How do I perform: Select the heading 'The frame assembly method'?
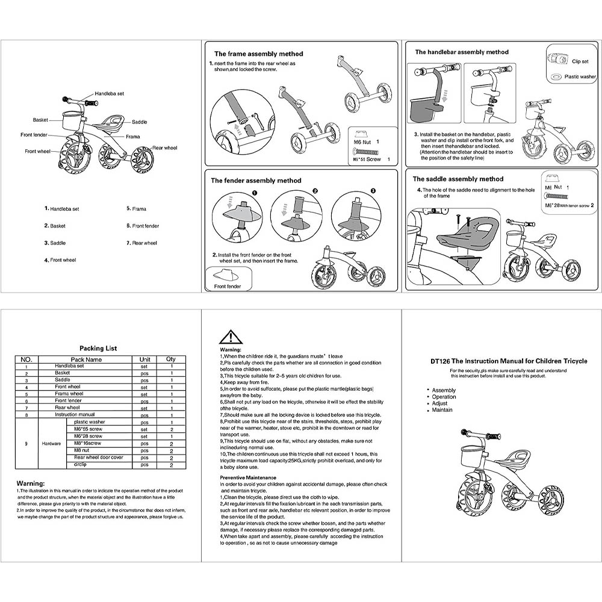[x=258, y=54]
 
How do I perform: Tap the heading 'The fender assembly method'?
[x=255, y=180]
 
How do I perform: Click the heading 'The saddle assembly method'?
[x=458, y=179]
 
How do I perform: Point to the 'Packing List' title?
[x=98, y=348]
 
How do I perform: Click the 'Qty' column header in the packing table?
[x=171, y=359]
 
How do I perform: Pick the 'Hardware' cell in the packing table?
[x=51, y=443]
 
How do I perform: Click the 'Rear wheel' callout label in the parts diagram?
[x=164, y=147]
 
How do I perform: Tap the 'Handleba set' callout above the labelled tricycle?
[x=109, y=94]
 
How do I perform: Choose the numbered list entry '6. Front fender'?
[x=143, y=226]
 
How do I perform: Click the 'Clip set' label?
[x=580, y=61]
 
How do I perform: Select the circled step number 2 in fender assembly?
[x=314, y=191]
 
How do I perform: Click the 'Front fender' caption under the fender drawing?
[x=228, y=286]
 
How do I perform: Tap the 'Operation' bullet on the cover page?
[x=444, y=397]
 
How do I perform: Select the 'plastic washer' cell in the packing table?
[x=89, y=422]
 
